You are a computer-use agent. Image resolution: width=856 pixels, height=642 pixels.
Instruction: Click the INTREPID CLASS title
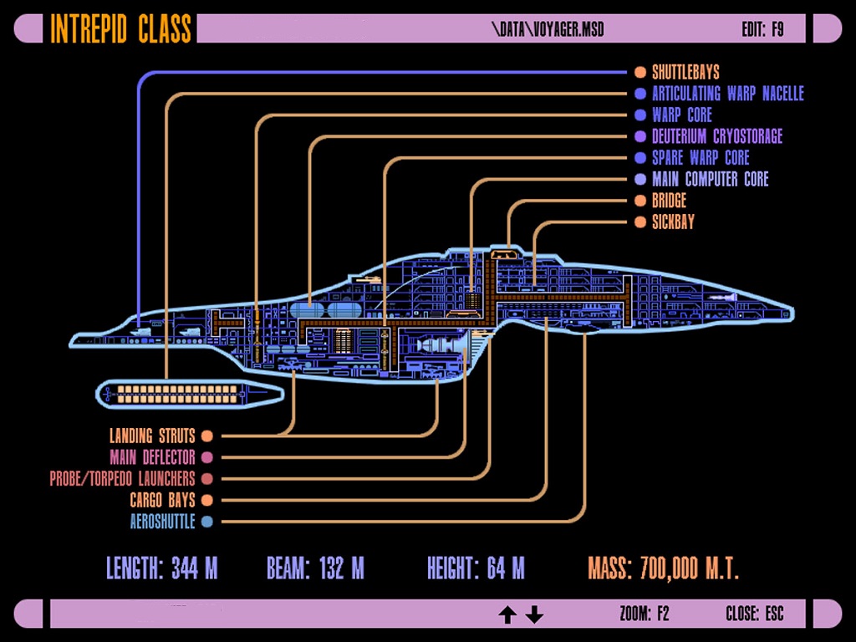click(121, 28)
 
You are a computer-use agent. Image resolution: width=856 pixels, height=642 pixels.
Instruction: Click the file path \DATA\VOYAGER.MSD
click(548, 29)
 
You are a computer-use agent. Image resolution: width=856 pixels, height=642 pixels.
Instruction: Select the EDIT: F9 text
click(762, 29)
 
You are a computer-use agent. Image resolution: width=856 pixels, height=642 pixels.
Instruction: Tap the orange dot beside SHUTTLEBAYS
click(640, 73)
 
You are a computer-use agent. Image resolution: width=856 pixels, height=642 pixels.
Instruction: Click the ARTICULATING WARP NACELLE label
click(727, 94)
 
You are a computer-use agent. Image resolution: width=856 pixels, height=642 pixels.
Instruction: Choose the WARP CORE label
click(682, 115)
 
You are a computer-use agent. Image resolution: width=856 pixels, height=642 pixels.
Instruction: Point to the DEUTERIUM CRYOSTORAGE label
click(717, 136)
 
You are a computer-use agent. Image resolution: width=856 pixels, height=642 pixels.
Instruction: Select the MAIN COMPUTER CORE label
click(710, 179)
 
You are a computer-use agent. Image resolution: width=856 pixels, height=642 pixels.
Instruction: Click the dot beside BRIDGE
click(640, 201)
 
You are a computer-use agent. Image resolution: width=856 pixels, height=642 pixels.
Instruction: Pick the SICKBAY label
click(673, 222)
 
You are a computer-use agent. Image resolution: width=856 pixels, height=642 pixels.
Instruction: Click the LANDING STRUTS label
click(152, 436)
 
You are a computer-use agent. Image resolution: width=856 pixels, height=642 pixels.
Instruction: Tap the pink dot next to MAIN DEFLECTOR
click(207, 457)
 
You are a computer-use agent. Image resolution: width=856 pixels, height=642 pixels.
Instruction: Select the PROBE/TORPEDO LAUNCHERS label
click(122, 479)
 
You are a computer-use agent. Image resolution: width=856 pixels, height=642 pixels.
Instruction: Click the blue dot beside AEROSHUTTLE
click(207, 522)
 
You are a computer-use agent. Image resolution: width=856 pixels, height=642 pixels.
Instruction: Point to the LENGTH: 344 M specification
click(162, 569)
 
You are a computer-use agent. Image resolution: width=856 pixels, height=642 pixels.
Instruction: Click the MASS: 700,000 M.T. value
click(663, 569)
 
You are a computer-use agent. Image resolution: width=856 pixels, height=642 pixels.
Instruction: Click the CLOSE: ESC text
click(754, 614)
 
